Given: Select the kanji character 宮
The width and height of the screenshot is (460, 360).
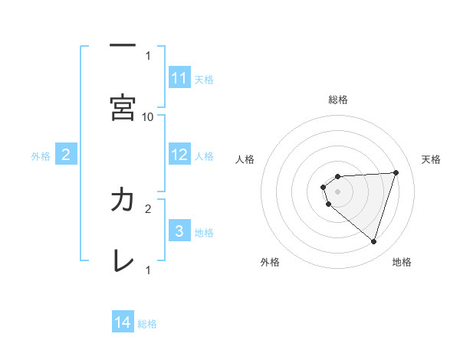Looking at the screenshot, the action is tap(123, 109).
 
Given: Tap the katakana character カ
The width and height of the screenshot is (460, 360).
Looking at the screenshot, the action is tap(123, 200).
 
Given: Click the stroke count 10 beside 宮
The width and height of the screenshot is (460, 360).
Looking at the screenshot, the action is tap(148, 116).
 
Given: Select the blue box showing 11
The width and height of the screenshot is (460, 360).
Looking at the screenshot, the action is tap(179, 78).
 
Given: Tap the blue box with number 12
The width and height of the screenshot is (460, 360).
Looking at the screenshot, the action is tap(179, 155).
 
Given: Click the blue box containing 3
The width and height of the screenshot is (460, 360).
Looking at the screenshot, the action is tap(179, 231).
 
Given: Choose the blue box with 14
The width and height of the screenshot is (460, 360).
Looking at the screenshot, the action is tap(123, 322).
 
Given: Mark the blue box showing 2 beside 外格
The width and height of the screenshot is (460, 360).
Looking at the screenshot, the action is tap(66, 155).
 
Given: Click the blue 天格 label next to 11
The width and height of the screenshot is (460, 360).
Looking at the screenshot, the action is tap(204, 79).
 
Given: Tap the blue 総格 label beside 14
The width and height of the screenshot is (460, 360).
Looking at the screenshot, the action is tap(147, 323).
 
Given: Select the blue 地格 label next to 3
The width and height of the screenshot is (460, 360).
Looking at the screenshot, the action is tap(204, 232).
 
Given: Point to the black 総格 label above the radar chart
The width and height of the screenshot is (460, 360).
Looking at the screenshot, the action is tap(338, 100).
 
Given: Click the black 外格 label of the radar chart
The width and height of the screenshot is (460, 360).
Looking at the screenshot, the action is tap(270, 262).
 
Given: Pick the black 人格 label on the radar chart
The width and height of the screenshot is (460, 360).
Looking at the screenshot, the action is tap(245, 159).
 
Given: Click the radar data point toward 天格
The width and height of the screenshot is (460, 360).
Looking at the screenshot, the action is tap(396, 172).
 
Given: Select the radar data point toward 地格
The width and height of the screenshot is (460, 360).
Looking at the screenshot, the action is tap(373, 241).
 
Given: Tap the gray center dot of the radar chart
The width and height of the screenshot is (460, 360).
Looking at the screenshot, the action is tap(338, 191).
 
